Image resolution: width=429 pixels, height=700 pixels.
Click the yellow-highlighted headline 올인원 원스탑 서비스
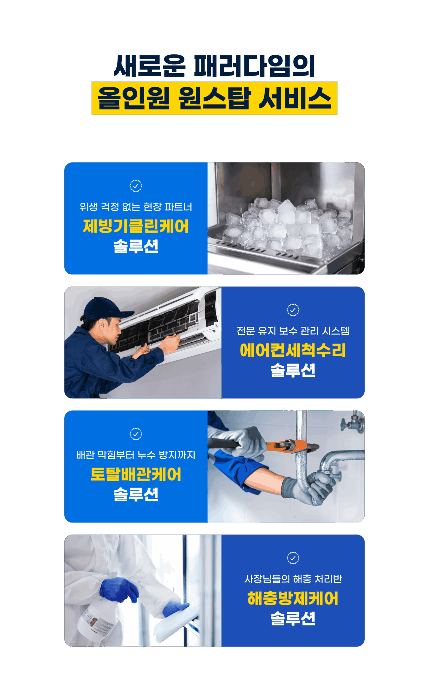[214, 98]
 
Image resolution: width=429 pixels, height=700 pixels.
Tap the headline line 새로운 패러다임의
[214, 66]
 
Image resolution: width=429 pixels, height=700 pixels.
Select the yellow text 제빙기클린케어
[136, 226]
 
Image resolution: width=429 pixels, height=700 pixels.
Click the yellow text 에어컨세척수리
[293, 350]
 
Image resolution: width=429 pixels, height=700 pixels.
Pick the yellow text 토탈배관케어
[136, 474]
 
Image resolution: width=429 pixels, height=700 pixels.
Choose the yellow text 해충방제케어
[293, 598]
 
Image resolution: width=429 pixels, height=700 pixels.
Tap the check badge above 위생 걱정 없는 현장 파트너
[136, 186]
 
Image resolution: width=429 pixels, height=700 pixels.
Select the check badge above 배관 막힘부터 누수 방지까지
[136, 434]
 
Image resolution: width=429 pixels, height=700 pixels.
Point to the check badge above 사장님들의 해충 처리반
[293, 558]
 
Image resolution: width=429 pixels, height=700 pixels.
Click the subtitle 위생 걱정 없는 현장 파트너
[136, 206]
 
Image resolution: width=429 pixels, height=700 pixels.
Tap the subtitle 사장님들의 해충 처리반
[293, 579]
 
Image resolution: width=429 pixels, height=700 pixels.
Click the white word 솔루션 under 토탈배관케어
[136, 495]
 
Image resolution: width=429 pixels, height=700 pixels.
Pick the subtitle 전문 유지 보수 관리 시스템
[293, 331]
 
